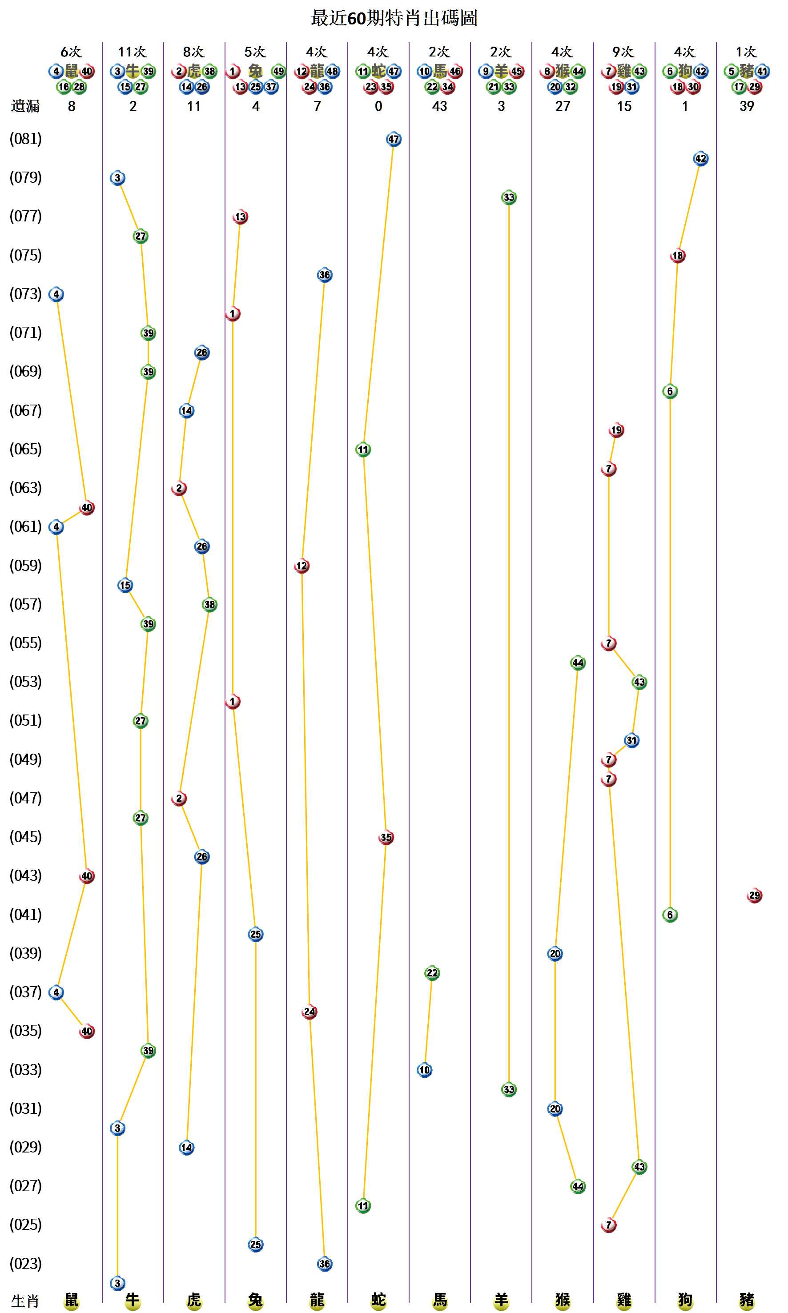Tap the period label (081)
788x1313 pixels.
25,139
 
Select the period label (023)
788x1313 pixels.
25,1263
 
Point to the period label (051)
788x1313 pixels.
25,720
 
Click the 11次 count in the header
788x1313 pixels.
132,52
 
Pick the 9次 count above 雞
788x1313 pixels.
623,52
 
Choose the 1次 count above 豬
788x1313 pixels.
746,52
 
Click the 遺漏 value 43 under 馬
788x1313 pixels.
440,106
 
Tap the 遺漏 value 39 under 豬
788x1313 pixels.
747,106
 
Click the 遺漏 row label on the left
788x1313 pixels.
25,106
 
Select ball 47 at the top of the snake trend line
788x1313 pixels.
394,140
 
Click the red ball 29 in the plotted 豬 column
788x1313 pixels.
754,895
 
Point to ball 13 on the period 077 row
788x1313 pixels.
241,217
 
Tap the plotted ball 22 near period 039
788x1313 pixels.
432,973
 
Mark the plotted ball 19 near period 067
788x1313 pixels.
616,430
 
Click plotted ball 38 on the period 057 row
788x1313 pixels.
210,605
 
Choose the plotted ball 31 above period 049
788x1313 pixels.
631,740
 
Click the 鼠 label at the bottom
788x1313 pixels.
71,1300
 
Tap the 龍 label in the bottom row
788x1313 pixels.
317,1300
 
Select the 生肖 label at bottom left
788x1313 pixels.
25,1301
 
